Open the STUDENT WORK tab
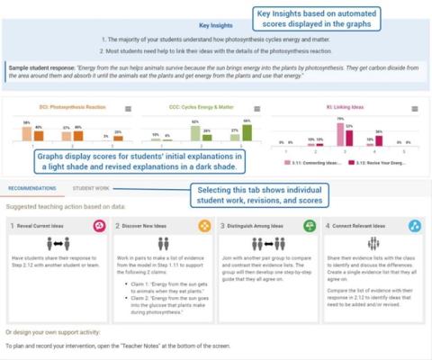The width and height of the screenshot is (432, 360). click(x=92, y=189)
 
